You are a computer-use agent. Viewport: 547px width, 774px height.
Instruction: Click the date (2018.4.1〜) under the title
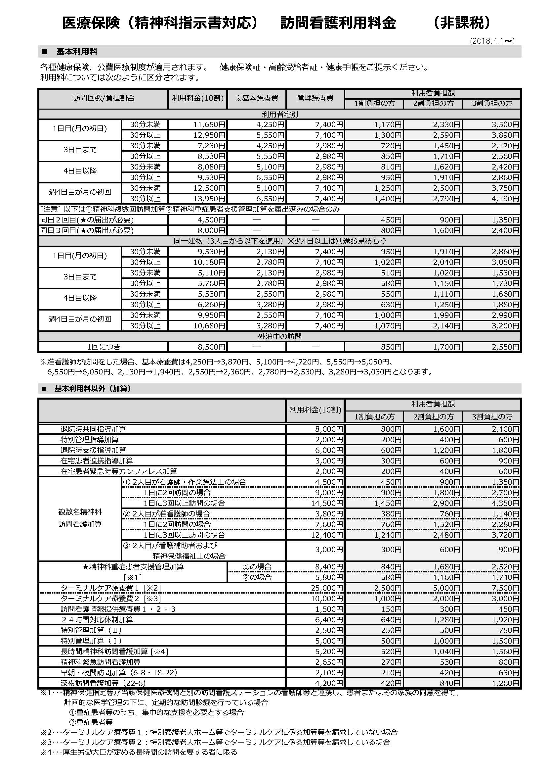pyautogui.click(x=492, y=41)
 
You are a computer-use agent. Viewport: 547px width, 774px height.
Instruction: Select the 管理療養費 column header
pyautogui.click(x=315, y=98)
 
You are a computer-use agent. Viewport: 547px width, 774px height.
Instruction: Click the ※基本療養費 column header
pyautogui.click(x=257, y=98)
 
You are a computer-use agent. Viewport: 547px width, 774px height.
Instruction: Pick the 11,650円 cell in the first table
pyautogui.click(x=209, y=125)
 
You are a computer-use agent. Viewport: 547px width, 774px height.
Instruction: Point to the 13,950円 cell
pyautogui.click(x=209, y=199)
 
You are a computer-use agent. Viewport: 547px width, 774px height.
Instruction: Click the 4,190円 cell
pyautogui.click(x=505, y=199)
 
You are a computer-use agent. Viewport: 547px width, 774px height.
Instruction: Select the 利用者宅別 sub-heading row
pyautogui.click(x=279, y=114)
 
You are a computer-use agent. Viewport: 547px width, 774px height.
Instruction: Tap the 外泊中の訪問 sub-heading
pyautogui.click(x=279, y=336)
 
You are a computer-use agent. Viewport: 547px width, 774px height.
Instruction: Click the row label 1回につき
pyautogui.click(x=104, y=347)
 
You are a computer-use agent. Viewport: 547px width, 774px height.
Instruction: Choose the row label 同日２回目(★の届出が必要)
pyautogui.click(x=87, y=220)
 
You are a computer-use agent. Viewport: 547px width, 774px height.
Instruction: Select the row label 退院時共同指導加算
pyautogui.click(x=93, y=429)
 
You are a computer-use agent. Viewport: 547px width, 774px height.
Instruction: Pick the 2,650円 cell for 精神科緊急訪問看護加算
pyautogui.click(x=329, y=662)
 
